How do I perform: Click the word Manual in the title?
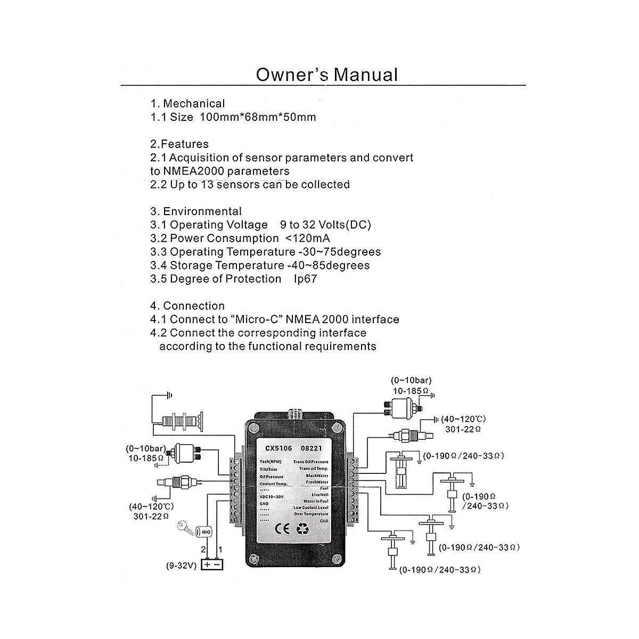365,75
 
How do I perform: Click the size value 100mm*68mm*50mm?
257,117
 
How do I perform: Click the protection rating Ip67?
305,279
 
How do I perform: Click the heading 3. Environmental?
196,211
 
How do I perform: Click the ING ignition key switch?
204,531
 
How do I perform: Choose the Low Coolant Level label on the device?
311,507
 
